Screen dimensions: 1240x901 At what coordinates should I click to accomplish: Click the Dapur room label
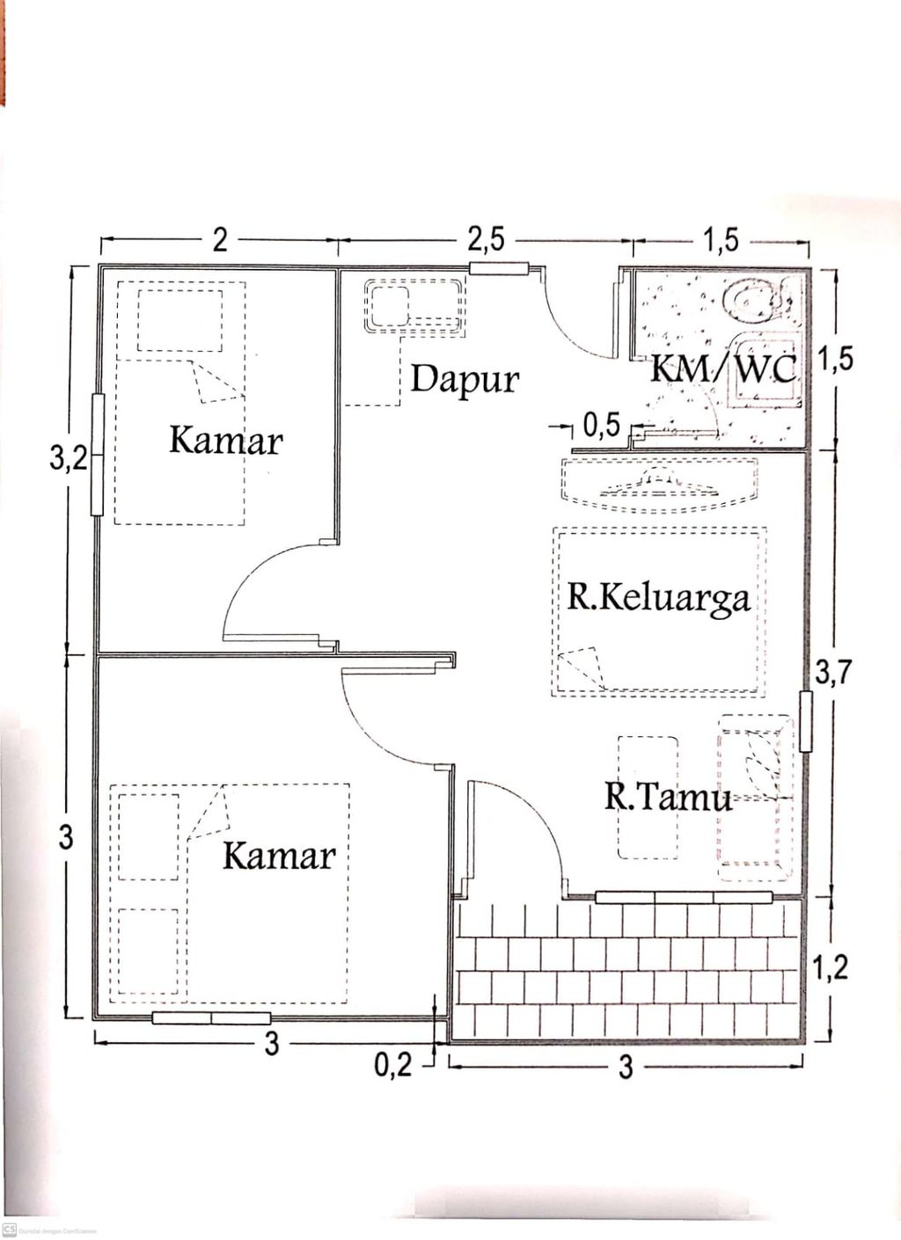click(465, 380)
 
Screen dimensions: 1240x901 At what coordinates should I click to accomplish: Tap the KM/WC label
click(723, 368)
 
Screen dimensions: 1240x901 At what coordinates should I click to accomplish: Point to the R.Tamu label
click(668, 797)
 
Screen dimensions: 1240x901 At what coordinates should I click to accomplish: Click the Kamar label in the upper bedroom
click(225, 441)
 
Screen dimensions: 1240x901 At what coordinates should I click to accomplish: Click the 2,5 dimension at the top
click(486, 239)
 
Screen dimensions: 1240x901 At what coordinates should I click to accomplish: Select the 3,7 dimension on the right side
click(832, 673)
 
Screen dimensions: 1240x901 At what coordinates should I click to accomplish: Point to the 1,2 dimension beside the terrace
click(830, 967)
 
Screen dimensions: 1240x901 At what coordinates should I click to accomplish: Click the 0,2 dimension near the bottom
click(392, 1065)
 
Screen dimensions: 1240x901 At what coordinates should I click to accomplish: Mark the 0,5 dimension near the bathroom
click(602, 427)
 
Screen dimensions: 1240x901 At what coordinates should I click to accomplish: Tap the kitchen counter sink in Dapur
click(388, 305)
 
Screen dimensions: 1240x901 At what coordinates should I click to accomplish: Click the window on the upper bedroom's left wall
click(98, 454)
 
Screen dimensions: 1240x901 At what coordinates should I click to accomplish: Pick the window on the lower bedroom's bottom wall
click(211, 1018)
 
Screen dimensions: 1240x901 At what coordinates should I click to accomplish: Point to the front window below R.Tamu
click(684, 897)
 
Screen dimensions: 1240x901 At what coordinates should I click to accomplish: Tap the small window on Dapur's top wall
click(498, 269)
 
